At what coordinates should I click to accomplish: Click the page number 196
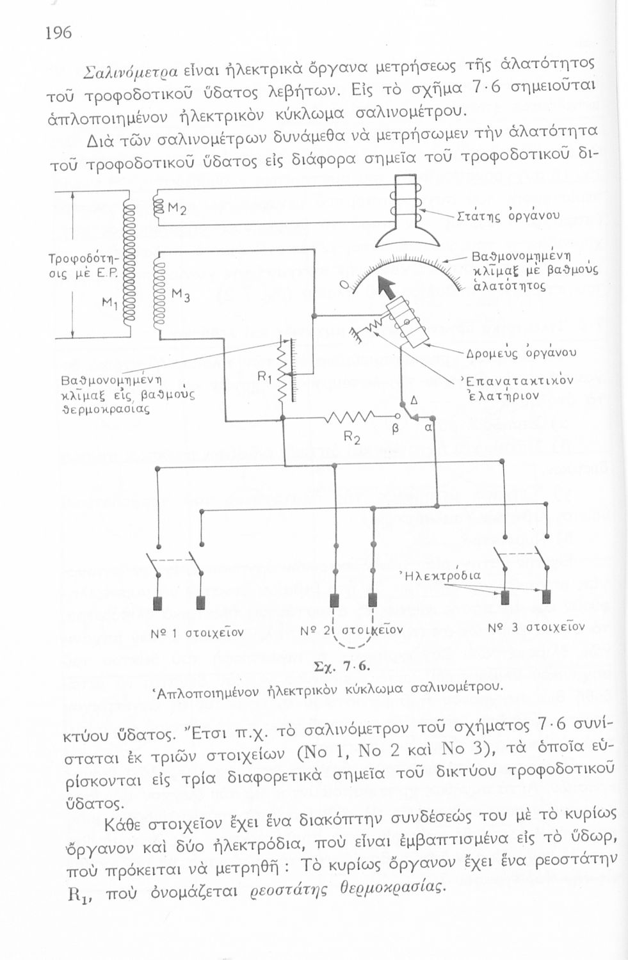[58, 33]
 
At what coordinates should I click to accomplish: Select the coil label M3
[179, 296]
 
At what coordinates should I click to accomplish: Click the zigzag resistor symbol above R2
[346, 420]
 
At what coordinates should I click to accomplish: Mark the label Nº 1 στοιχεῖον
[197, 633]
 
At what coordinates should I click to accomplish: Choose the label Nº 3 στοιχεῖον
[536, 627]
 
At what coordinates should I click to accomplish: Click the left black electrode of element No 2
[334, 600]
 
